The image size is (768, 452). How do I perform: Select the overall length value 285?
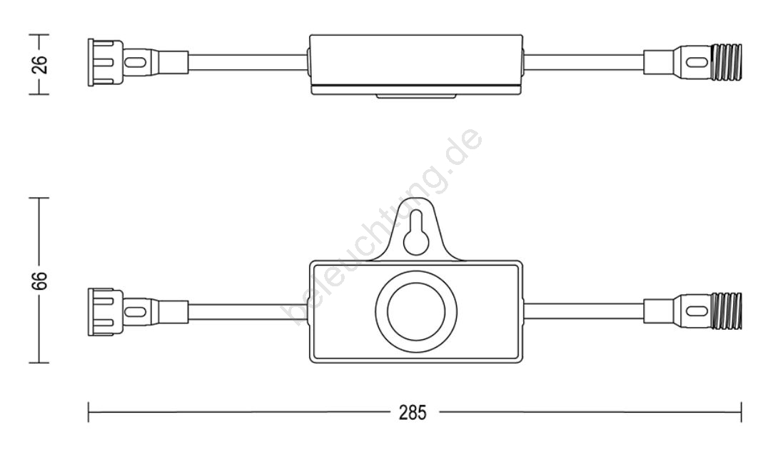pyautogui.click(x=413, y=413)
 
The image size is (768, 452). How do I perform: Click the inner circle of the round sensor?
pyautogui.click(x=416, y=311)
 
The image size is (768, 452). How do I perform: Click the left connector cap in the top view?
pyautogui.click(x=106, y=63)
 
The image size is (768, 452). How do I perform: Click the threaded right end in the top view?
pyautogui.click(x=727, y=62)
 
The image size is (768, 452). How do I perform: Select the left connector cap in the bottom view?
pyautogui.click(x=106, y=312)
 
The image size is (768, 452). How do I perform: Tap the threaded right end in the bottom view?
pyautogui.click(x=727, y=311)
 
